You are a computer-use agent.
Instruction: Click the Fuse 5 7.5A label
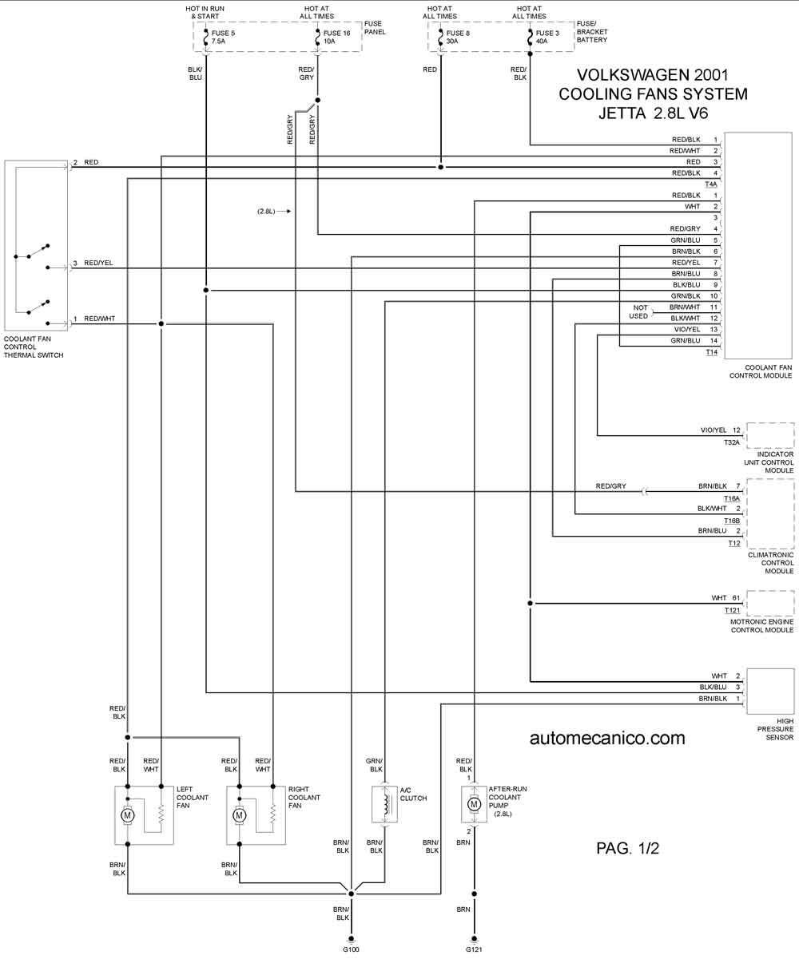223,37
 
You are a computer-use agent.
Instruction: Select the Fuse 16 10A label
336,37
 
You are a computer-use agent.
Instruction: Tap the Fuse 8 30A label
458,37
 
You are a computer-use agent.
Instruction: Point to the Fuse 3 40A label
547,37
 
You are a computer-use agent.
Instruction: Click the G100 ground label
351,949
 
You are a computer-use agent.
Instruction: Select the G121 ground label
474,949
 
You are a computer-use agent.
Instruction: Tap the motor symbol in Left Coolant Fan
128,815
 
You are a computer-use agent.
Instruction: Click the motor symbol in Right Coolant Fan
239,815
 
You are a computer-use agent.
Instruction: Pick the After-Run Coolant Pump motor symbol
474,804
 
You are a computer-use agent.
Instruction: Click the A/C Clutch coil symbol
384,804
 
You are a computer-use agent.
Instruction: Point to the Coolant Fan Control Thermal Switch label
34,347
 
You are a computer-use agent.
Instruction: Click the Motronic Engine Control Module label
762,626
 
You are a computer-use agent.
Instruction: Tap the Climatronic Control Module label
771,563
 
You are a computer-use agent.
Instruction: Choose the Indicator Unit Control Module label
769,462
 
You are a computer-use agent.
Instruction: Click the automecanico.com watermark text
607,738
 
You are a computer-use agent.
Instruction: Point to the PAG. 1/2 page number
627,848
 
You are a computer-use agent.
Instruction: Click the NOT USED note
639,311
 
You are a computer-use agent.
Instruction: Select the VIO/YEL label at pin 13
687,329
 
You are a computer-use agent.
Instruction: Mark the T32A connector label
732,442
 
